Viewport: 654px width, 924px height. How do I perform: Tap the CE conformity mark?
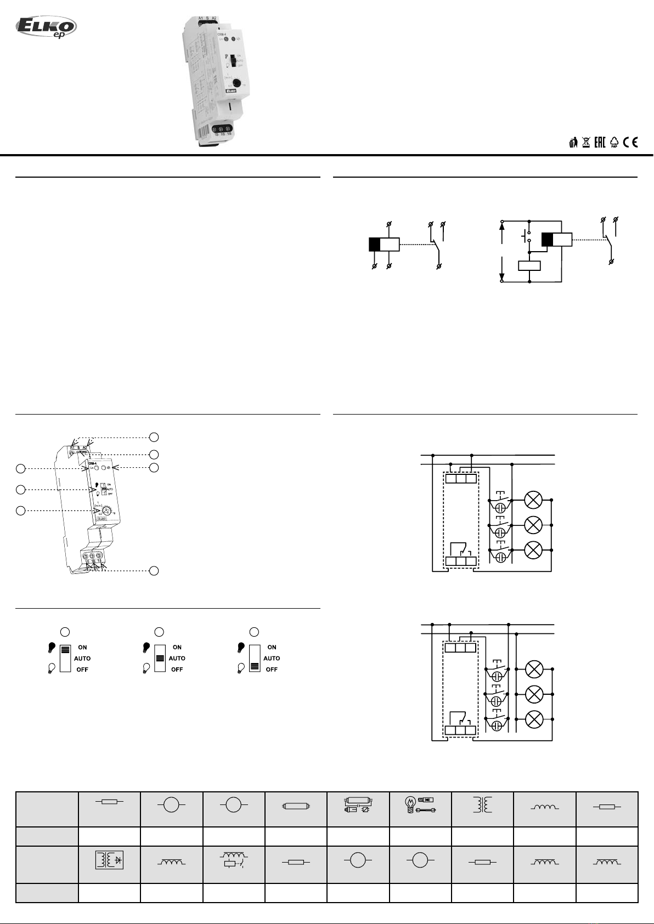[630, 143]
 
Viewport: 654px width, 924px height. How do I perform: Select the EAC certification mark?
[600, 143]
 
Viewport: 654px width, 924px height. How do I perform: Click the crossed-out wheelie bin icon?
[586, 143]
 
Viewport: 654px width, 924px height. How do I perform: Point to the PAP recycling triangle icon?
[614, 143]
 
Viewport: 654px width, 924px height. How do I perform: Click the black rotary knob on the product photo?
[236, 83]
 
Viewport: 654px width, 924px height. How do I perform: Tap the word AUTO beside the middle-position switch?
[177, 658]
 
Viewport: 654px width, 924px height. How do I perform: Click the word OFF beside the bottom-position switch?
[271, 670]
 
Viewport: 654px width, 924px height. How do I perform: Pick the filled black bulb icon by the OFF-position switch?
[240, 648]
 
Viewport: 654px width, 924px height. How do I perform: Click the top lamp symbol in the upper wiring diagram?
[533, 500]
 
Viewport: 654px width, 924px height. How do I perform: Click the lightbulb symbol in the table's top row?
[409, 804]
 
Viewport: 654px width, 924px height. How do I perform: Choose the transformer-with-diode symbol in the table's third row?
[109, 859]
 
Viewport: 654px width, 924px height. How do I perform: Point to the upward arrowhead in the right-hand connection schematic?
[502, 225]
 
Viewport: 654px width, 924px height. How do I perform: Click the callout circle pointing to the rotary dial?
[20, 511]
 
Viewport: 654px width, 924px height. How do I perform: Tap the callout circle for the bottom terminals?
[154, 571]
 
